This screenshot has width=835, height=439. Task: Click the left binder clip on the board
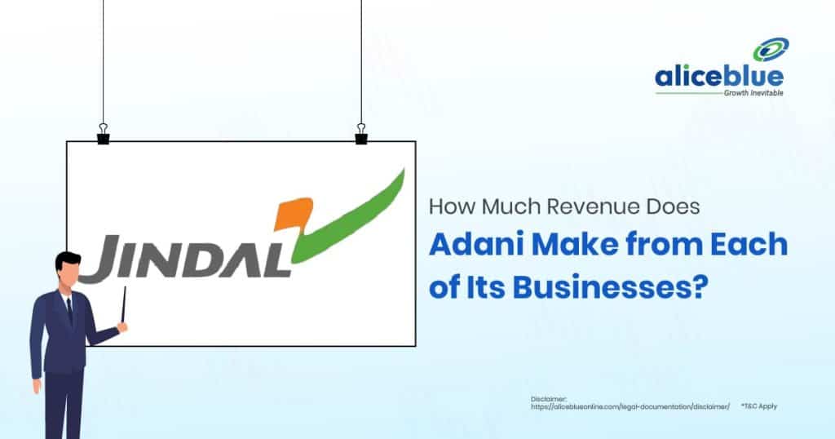(x=104, y=134)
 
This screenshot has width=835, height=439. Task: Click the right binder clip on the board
(x=361, y=134)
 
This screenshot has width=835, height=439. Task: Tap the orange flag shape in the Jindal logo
(x=293, y=213)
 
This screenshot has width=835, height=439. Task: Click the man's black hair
(x=68, y=261)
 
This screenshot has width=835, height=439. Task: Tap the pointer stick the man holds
(x=124, y=304)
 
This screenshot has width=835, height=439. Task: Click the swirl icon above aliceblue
(x=771, y=50)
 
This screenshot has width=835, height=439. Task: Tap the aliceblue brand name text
(x=719, y=77)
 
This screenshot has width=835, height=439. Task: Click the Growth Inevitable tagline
(x=753, y=93)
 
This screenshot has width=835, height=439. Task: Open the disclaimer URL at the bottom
(x=630, y=406)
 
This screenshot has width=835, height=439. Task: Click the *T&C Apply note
(x=759, y=406)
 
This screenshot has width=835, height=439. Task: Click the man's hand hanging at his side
(x=37, y=385)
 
